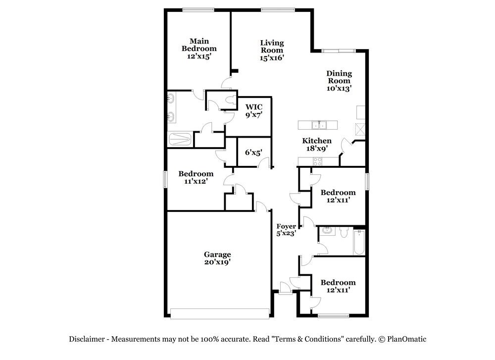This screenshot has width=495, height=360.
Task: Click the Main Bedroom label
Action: [199, 49]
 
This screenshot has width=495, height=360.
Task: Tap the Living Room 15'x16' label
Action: [272, 50]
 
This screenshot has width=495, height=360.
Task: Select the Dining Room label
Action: [339, 81]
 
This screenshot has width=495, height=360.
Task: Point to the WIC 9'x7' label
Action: [254, 111]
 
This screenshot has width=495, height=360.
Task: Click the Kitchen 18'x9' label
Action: [317, 145]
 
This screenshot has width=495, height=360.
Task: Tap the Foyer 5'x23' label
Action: [286, 230]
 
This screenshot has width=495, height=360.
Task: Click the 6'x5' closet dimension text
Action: [253, 153]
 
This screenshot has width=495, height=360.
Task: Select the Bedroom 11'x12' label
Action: [196, 177]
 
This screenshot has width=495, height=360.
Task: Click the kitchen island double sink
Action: [319, 125]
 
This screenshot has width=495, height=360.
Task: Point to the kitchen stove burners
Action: [317, 161]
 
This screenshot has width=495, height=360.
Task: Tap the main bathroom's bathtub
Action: [180, 139]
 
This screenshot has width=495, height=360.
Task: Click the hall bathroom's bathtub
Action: [359, 243]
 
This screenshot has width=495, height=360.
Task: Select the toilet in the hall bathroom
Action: [344, 232]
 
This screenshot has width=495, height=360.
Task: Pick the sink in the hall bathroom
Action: [328, 231]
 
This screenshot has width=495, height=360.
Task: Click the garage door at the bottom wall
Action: [220, 313]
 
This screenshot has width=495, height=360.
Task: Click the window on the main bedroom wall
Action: [198, 10]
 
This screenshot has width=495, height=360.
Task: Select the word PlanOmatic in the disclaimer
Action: [406, 339]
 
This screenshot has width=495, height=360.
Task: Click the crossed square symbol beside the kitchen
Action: [360, 129]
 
